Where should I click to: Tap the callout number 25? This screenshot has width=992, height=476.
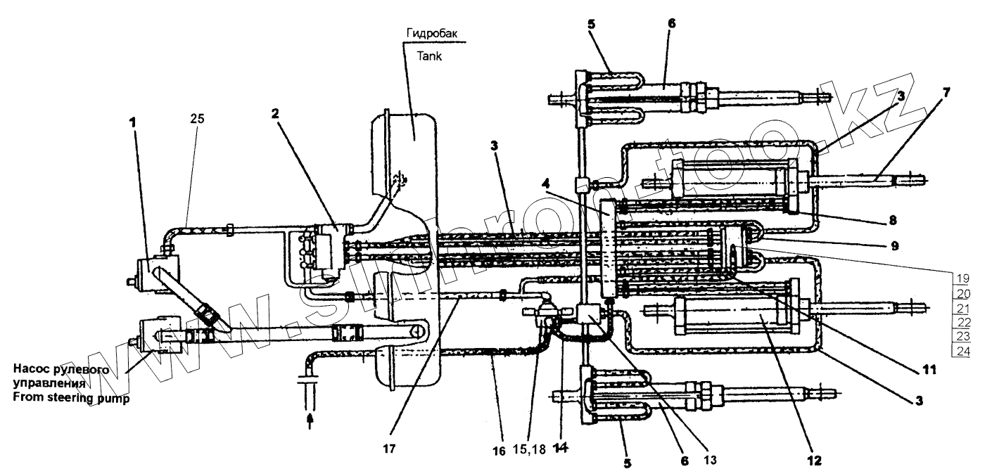pyautogui.click(x=197, y=119)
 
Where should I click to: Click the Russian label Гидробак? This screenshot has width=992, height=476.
pyautogui.click(x=430, y=33)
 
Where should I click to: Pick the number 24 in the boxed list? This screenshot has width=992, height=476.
pyautogui.click(x=962, y=351)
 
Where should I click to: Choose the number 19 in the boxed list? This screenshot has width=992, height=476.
pyautogui.click(x=962, y=277)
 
